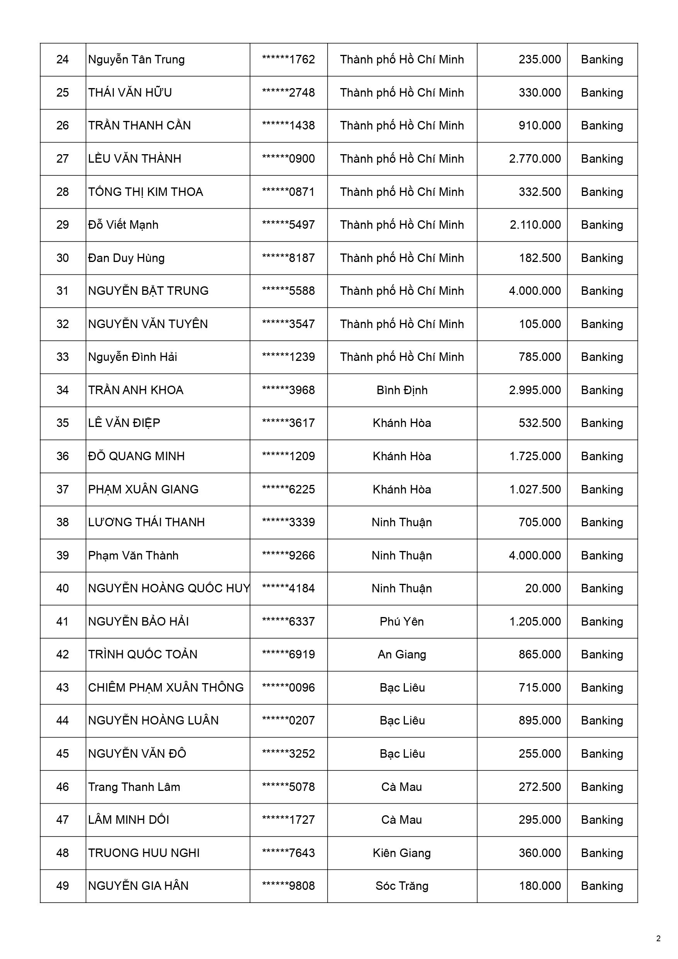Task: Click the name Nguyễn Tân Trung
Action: coord(136,60)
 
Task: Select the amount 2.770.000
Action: coord(535,159)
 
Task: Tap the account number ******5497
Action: coord(288,225)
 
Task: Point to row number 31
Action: coord(63,291)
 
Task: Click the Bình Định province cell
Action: coord(402,390)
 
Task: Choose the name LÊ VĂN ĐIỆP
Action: coord(124,423)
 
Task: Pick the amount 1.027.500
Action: coord(535,489)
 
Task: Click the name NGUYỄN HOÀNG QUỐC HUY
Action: coord(169,588)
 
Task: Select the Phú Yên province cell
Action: coord(402,622)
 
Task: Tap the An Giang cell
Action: coord(402,654)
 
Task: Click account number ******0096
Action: coord(288,687)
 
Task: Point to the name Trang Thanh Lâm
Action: coord(134,787)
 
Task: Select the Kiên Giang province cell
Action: coord(402,853)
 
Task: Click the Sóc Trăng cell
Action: coord(402,886)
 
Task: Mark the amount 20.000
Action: coord(543,588)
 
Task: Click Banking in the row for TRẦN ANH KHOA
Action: coord(602,390)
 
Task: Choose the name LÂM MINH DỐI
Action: coord(129,820)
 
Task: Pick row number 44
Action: coord(63,720)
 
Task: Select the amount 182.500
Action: coord(540,258)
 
